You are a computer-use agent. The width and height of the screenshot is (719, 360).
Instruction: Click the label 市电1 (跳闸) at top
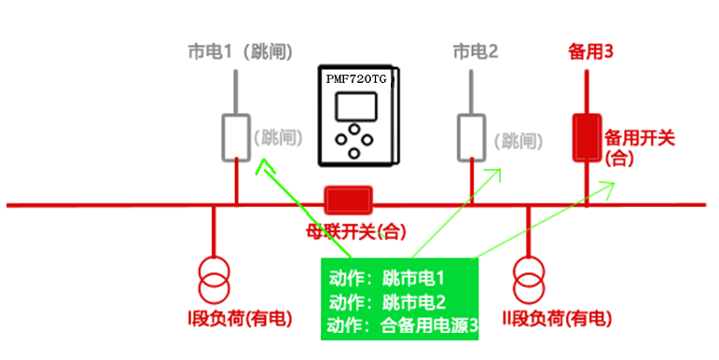(240, 51)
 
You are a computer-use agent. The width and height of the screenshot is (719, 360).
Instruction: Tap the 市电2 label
(475, 51)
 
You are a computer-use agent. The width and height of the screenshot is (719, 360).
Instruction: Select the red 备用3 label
(590, 51)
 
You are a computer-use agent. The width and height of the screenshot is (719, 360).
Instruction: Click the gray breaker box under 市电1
(236, 138)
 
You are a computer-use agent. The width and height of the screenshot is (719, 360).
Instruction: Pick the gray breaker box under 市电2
(471, 138)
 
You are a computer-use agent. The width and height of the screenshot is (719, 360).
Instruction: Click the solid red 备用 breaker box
(587, 138)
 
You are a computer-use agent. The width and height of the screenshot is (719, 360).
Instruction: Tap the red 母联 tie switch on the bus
(348, 200)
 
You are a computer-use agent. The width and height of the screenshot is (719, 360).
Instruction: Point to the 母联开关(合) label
(356, 232)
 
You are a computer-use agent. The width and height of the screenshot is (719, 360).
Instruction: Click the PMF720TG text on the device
(356, 79)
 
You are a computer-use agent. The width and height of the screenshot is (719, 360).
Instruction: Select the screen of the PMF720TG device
(356, 106)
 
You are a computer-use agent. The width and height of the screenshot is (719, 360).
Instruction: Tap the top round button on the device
(353, 130)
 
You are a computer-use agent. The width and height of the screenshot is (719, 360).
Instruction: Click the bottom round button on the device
(353, 153)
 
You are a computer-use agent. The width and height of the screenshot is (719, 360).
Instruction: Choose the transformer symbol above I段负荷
(214, 280)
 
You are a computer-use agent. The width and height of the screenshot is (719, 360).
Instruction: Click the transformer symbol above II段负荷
(529, 280)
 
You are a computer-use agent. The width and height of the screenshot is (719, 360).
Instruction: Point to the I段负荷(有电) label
(240, 318)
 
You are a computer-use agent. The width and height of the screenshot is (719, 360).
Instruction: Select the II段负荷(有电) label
(557, 318)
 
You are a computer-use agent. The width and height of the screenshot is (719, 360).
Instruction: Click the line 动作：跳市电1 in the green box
(387, 278)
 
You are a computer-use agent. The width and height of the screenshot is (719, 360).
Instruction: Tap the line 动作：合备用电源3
(402, 325)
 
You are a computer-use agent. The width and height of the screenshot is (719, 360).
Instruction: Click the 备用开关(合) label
(639, 147)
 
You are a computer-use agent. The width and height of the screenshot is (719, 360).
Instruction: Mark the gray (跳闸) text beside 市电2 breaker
(519, 141)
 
